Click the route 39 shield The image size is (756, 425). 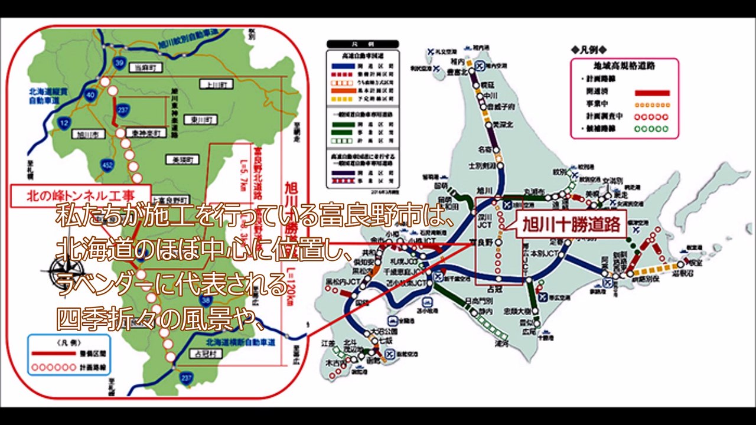pos(119,63)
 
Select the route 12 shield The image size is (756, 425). pos(64,122)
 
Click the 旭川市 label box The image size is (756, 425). pos(87,135)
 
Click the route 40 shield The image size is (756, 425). pos(90,94)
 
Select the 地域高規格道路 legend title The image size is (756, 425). pos(624,66)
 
